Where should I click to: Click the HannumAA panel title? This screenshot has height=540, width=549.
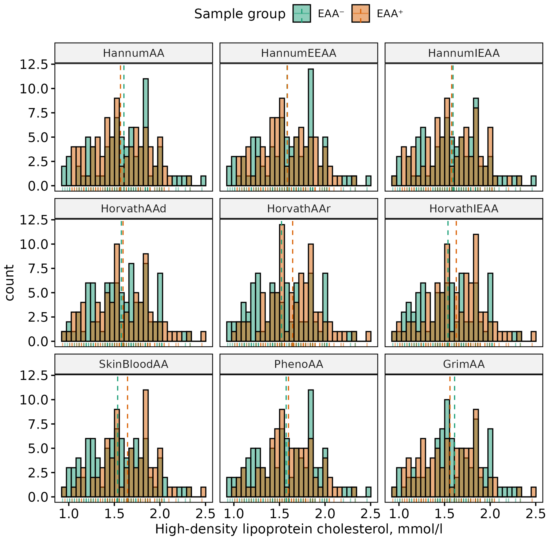[x=134, y=53]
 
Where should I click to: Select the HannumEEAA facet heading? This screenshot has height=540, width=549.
[x=298, y=53]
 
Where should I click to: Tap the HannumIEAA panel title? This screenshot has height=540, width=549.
[x=464, y=53]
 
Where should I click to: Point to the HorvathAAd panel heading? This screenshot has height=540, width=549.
[x=134, y=208]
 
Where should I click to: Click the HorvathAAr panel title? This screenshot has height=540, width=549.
[x=298, y=208]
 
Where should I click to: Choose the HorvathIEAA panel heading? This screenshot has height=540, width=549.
[x=464, y=208]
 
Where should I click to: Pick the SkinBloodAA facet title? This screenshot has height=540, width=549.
[x=134, y=364]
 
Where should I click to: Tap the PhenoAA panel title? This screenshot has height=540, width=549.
[x=298, y=364]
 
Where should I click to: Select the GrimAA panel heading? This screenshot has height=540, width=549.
[x=464, y=364]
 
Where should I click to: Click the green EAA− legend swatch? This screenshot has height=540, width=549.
[x=301, y=13]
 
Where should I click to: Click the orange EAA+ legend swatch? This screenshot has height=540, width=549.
[x=360, y=13]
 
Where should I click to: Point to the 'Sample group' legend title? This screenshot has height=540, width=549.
[x=240, y=14]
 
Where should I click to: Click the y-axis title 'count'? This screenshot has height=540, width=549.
[x=9, y=283]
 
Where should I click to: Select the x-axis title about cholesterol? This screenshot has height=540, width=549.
[x=298, y=529]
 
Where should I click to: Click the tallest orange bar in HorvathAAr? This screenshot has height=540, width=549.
[x=282, y=283]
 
